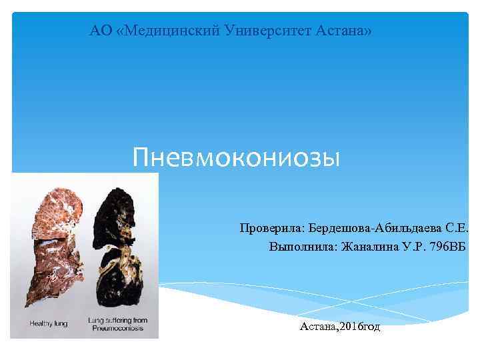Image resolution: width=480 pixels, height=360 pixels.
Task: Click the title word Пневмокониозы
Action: click(x=236, y=158)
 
